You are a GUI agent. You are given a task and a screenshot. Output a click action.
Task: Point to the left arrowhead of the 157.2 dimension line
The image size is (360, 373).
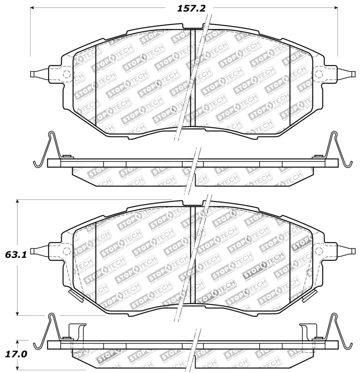[x=32, y=8]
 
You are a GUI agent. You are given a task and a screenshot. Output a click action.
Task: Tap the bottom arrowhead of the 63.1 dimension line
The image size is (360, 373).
[x=18, y=313]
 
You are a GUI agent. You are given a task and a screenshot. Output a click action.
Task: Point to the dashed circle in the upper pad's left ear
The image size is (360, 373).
[x=65, y=74]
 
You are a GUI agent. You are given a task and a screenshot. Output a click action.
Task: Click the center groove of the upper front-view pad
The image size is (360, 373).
[x=191, y=81]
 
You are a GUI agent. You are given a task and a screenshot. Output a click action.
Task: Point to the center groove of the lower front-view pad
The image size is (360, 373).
[x=191, y=257]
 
